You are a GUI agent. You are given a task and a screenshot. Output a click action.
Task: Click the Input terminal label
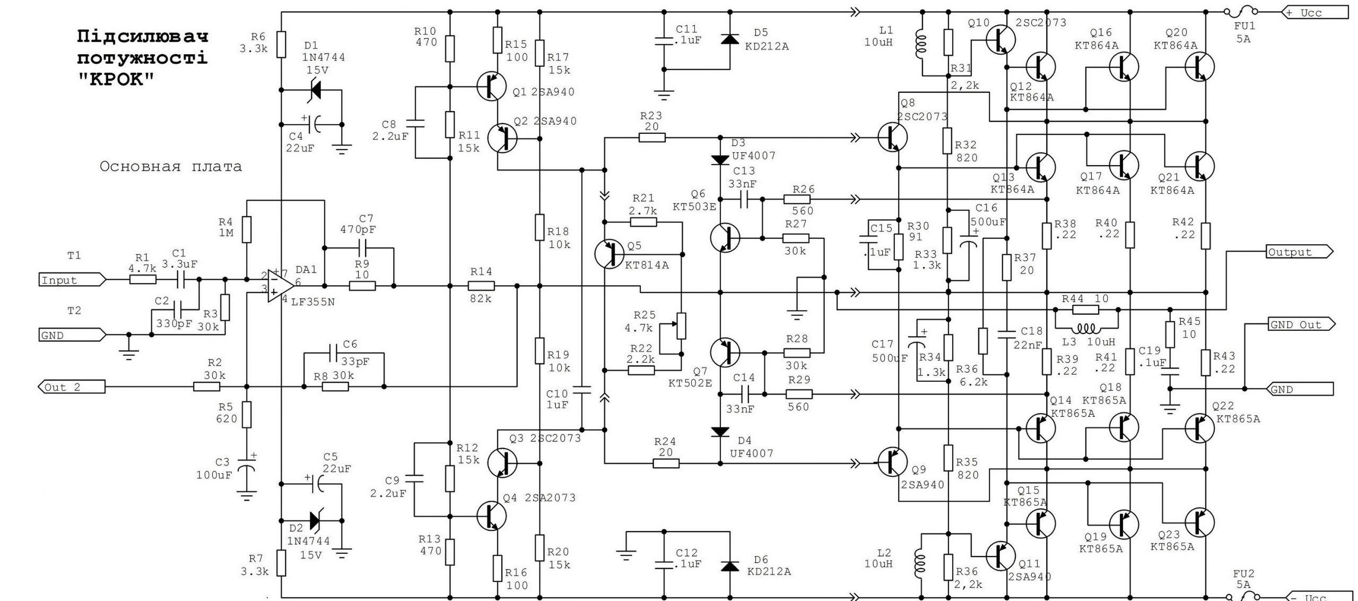72,279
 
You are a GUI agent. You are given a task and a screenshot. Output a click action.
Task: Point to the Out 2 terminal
71,387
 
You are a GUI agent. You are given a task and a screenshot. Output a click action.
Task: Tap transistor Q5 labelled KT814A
610,254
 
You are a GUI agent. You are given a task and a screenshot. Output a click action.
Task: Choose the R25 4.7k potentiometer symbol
681,326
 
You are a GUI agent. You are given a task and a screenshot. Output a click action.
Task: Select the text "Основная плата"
171,167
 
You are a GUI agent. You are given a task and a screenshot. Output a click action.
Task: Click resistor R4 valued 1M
246,229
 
